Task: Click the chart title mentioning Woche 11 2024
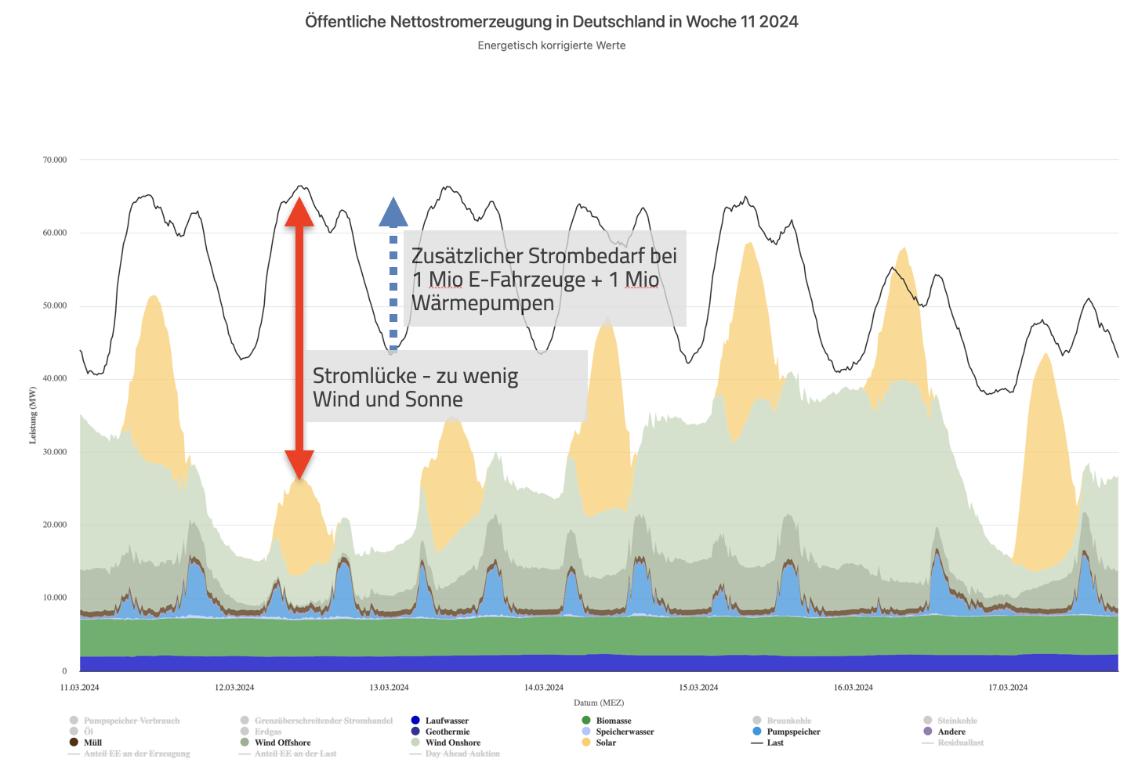[x=551, y=22]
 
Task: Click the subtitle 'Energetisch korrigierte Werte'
[x=551, y=45]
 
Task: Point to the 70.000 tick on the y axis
[x=55, y=160]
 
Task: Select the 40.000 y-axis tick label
[x=55, y=378]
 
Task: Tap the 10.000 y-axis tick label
[x=55, y=598]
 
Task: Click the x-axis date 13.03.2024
[x=389, y=688]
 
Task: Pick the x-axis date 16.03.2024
[x=853, y=688]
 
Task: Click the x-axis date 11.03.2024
[x=80, y=688]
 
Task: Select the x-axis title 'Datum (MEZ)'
[x=599, y=703]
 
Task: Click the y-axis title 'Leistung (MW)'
[x=33, y=415]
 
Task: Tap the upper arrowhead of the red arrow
[x=299, y=211]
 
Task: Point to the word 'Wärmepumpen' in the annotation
[x=482, y=303]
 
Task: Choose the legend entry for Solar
[x=605, y=743]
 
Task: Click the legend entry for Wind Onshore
[x=452, y=743]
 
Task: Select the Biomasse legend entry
[x=613, y=721]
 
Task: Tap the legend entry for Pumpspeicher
[x=793, y=732]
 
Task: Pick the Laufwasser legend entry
[x=447, y=721]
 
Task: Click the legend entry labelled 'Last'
[x=774, y=743]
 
